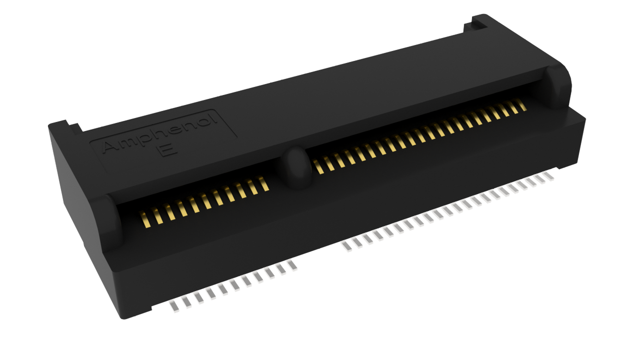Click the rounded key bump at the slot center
point(296,168)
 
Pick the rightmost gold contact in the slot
point(522,105)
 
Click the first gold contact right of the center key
point(318,167)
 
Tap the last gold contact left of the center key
point(264,183)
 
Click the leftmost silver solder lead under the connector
point(175,306)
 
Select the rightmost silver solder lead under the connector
point(549,176)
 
